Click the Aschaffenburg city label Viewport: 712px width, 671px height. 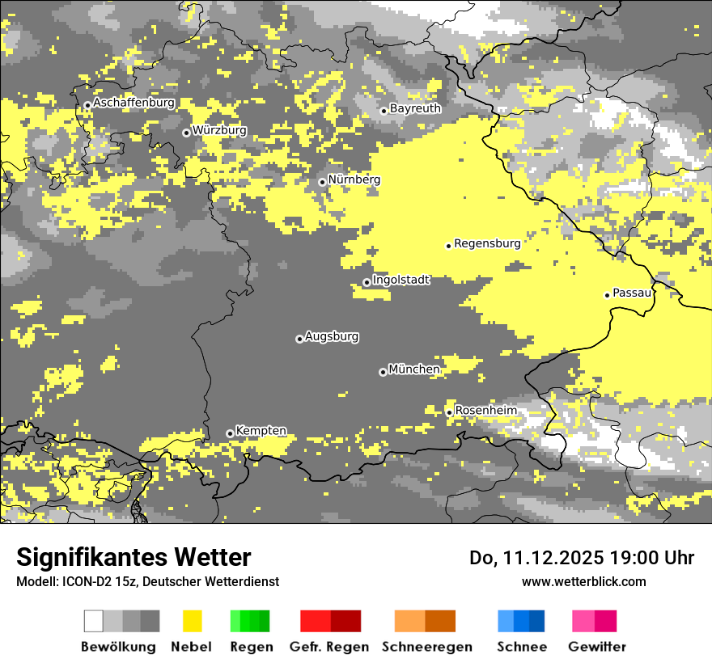[133, 103]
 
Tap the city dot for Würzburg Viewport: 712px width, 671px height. [186, 133]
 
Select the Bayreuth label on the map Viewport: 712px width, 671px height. [415, 108]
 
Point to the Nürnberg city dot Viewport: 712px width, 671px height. [322, 182]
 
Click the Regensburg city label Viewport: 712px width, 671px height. [487, 243]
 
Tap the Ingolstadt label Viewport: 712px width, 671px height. [401, 280]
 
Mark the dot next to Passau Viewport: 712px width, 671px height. [607, 295]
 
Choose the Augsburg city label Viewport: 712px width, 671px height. [332, 336]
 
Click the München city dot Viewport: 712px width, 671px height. [383, 372]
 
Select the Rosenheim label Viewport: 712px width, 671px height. [485, 411]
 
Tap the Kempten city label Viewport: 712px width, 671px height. [261, 431]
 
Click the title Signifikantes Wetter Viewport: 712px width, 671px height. [133, 557]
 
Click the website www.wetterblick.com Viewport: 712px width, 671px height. [583, 581]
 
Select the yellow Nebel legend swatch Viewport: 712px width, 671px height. [192, 621]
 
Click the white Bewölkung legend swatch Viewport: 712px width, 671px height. [94, 621]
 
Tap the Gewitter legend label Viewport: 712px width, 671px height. [596, 647]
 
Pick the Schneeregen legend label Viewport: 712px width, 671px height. [427, 647]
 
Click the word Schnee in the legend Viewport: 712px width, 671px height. [521, 647]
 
